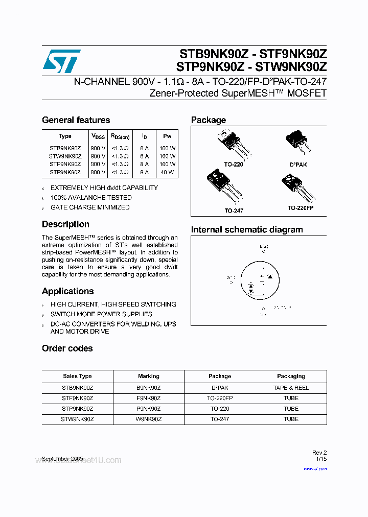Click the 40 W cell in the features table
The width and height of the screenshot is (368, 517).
(x=167, y=172)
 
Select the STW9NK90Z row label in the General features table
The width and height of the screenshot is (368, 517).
(x=65, y=156)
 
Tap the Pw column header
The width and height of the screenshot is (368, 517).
(x=167, y=136)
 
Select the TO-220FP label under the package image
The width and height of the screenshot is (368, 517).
(x=301, y=208)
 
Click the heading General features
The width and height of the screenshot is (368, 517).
(x=76, y=120)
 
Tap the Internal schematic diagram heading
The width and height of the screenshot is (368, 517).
(x=247, y=229)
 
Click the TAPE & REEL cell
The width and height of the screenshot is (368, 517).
(x=291, y=388)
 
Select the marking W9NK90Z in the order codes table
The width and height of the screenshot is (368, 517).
(x=149, y=418)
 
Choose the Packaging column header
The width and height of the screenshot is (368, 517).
(x=291, y=376)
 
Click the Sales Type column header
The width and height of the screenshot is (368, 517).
(x=78, y=376)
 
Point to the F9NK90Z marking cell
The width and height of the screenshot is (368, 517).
(x=149, y=398)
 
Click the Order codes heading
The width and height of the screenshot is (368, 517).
(x=67, y=348)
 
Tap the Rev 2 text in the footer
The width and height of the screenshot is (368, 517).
(x=319, y=453)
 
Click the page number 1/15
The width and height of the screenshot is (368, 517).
(x=321, y=460)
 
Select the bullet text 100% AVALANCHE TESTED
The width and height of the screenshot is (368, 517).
(x=91, y=197)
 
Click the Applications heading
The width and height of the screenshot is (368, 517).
(x=67, y=291)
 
